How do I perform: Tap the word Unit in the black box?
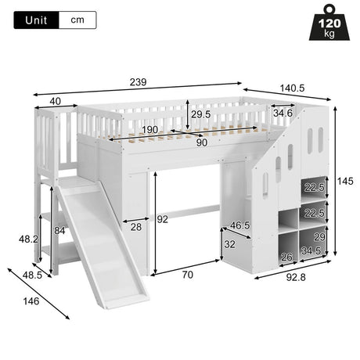coord(36,20)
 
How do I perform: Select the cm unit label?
coord(77,20)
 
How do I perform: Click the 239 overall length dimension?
coord(139,82)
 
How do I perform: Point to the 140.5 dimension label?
coord(292,88)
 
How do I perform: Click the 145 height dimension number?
coord(345,181)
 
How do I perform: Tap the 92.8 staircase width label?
coord(296,277)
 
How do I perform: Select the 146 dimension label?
coord(31,301)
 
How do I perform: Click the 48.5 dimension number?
coord(32,275)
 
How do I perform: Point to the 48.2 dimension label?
coord(28,239)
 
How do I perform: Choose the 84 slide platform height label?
coord(59,231)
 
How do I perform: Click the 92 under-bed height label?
coord(163,219)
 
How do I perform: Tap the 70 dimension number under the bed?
coord(188,275)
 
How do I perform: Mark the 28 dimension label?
coord(136,227)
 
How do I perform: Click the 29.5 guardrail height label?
coord(200,114)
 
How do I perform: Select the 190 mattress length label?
coord(150,130)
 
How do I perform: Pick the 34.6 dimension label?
coord(283,113)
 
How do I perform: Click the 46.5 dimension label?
coord(240,225)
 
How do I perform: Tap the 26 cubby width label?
coord(286,257)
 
